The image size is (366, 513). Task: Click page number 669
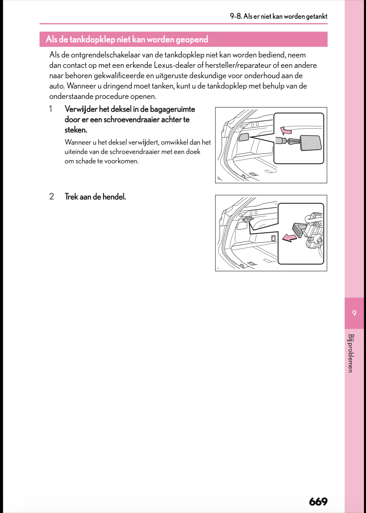tap(318, 501)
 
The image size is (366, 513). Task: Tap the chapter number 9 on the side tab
tap(354, 313)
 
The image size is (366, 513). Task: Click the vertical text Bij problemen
tap(351, 353)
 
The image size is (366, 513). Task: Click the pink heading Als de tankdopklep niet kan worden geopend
tap(127, 39)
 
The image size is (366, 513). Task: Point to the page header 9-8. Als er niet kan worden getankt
tap(278, 16)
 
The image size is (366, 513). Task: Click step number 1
tap(51, 109)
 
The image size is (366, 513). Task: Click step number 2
tap(51, 196)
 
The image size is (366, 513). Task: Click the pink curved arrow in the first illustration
tap(285, 130)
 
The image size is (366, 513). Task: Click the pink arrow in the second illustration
tap(289, 237)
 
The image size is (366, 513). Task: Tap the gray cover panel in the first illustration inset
tap(311, 143)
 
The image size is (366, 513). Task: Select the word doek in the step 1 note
tap(193, 152)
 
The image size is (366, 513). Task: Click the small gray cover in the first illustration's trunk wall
tap(244, 137)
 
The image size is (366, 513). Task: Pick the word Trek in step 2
tap(71, 197)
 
